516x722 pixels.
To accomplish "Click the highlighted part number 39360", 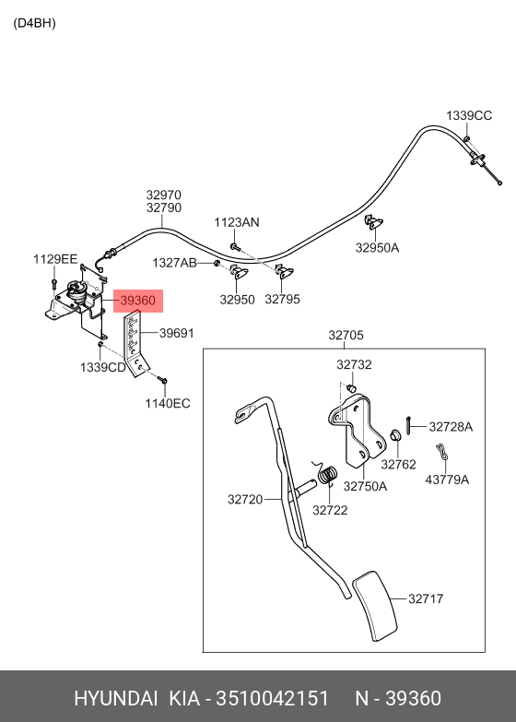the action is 138,301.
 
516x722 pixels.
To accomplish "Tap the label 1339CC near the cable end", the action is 469,115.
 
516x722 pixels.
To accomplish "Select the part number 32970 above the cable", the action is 164,195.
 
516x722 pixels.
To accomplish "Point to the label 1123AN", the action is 237,222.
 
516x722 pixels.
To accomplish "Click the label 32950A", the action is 377,248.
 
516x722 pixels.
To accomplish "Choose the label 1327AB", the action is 174,263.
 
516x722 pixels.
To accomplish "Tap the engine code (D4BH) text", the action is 34,23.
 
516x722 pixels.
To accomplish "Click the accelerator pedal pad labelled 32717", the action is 375,606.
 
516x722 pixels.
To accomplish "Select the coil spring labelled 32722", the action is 328,475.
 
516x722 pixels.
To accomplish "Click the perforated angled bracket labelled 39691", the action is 135,343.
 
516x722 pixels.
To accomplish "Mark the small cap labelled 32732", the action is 352,387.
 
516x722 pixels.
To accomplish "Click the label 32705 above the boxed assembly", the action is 346,336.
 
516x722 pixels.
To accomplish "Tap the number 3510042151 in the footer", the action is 273,698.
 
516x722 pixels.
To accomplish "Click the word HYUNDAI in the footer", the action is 116,698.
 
